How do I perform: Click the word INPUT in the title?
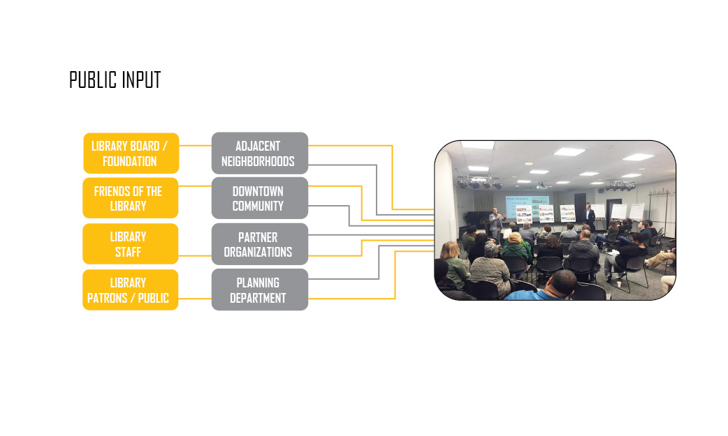(138, 80)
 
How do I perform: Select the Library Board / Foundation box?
(131, 153)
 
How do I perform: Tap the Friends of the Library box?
(131, 198)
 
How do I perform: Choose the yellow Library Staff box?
(131, 244)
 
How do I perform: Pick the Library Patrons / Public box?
(131, 290)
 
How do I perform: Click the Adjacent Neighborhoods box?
(259, 153)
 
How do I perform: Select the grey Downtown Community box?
(259, 198)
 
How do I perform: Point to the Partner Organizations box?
(259, 244)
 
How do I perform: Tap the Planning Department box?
(259, 290)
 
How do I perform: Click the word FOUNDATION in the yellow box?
(129, 161)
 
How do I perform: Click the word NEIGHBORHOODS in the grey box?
(258, 161)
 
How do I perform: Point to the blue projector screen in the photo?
(527, 206)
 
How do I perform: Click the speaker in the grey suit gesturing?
(496, 223)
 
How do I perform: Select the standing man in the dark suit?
(589, 217)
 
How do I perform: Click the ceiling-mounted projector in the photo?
(541, 186)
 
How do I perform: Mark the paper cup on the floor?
(619, 284)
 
